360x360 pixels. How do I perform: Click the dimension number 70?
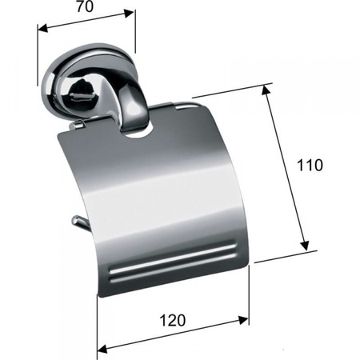pyautogui.click(x=85, y=6)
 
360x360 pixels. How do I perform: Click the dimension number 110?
pyautogui.click(x=310, y=165)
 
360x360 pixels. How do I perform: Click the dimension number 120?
pyautogui.click(x=172, y=320)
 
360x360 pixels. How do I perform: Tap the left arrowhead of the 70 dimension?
pyautogui.click(x=42, y=28)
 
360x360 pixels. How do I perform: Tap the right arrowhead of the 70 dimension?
pyautogui.click(x=129, y=13)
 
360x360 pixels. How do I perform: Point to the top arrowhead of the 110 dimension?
pyautogui.click(x=265, y=90)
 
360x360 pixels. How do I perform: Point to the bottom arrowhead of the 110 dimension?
pyautogui.click(x=305, y=246)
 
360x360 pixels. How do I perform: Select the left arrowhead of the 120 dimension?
pyautogui.click(x=102, y=348)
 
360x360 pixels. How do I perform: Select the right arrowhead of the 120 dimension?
pyautogui.click(x=243, y=319)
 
